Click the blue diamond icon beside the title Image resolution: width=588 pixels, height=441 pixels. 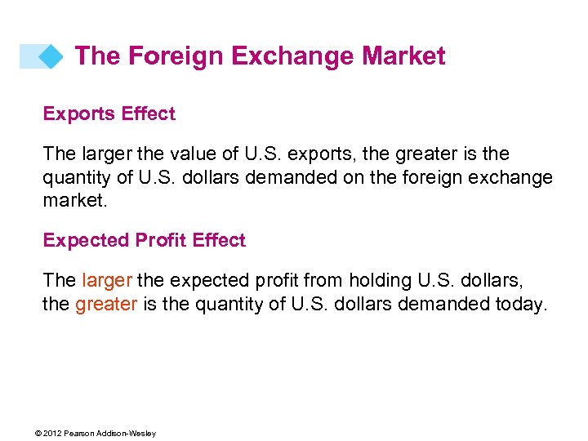pyautogui.click(x=51, y=56)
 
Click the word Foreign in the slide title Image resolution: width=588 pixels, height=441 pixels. pyautogui.click(x=176, y=56)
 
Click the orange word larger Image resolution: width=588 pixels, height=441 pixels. pyautogui.click(x=107, y=281)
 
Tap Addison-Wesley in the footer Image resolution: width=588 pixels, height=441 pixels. pyautogui.click(x=127, y=433)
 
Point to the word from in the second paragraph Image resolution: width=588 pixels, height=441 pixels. pyautogui.click(x=324, y=281)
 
